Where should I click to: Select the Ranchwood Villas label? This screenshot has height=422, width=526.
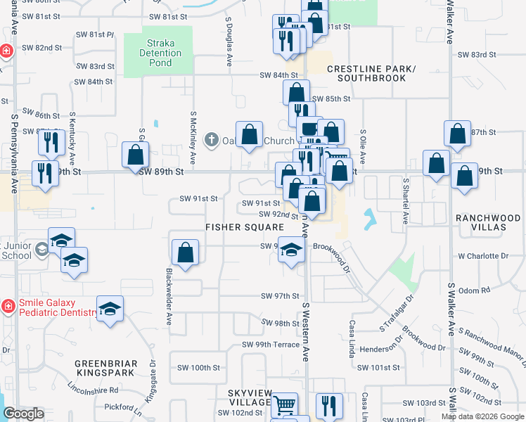coord(487,224)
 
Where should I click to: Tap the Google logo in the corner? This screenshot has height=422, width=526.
coord(23,414)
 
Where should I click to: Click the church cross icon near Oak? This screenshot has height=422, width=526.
coord(211,140)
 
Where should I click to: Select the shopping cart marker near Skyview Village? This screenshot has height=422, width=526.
coord(284,404)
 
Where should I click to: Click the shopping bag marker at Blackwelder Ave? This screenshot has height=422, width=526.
coord(185,253)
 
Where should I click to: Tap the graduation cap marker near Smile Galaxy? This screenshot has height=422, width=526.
coord(110,309)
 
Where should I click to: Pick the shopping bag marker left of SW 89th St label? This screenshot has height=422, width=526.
coord(135,155)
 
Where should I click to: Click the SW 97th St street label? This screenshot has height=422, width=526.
coord(280,297)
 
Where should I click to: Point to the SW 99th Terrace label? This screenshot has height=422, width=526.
coord(271,345)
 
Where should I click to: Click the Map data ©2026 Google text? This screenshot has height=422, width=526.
coord(482,416)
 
